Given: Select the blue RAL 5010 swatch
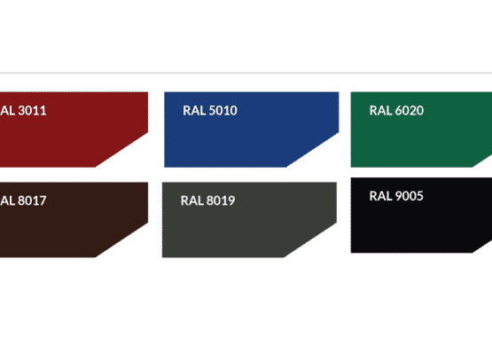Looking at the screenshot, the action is click(x=251, y=129).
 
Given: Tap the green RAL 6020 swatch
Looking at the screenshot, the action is click(x=420, y=129).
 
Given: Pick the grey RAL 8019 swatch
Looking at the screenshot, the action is click(x=249, y=220).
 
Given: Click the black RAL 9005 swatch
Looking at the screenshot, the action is click(x=420, y=215).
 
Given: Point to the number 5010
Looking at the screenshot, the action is click(x=223, y=111).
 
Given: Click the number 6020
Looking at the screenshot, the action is click(x=410, y=111).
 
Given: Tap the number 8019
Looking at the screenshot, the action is click(x=221, y=200).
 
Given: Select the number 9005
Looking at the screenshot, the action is click(x=409, y=196).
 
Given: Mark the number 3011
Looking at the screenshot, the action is click(x=32, y=111).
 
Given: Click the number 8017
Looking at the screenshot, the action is click(x=32, y=200).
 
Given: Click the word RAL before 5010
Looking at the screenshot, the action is click(x=194, y=111).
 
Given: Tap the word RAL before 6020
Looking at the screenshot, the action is click(x=380, y=111).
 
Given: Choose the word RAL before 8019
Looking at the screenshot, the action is click(x=191, y=200).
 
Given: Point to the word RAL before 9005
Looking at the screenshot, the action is click(x=380, y=196).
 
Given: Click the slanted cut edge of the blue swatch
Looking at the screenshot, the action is click(x=313, y=150).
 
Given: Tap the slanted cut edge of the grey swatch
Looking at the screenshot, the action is click(x=310, y=240).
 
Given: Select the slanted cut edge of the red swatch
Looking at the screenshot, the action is click(x=121, y=150).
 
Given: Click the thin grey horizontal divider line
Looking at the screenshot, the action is click(x=246, y=73).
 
